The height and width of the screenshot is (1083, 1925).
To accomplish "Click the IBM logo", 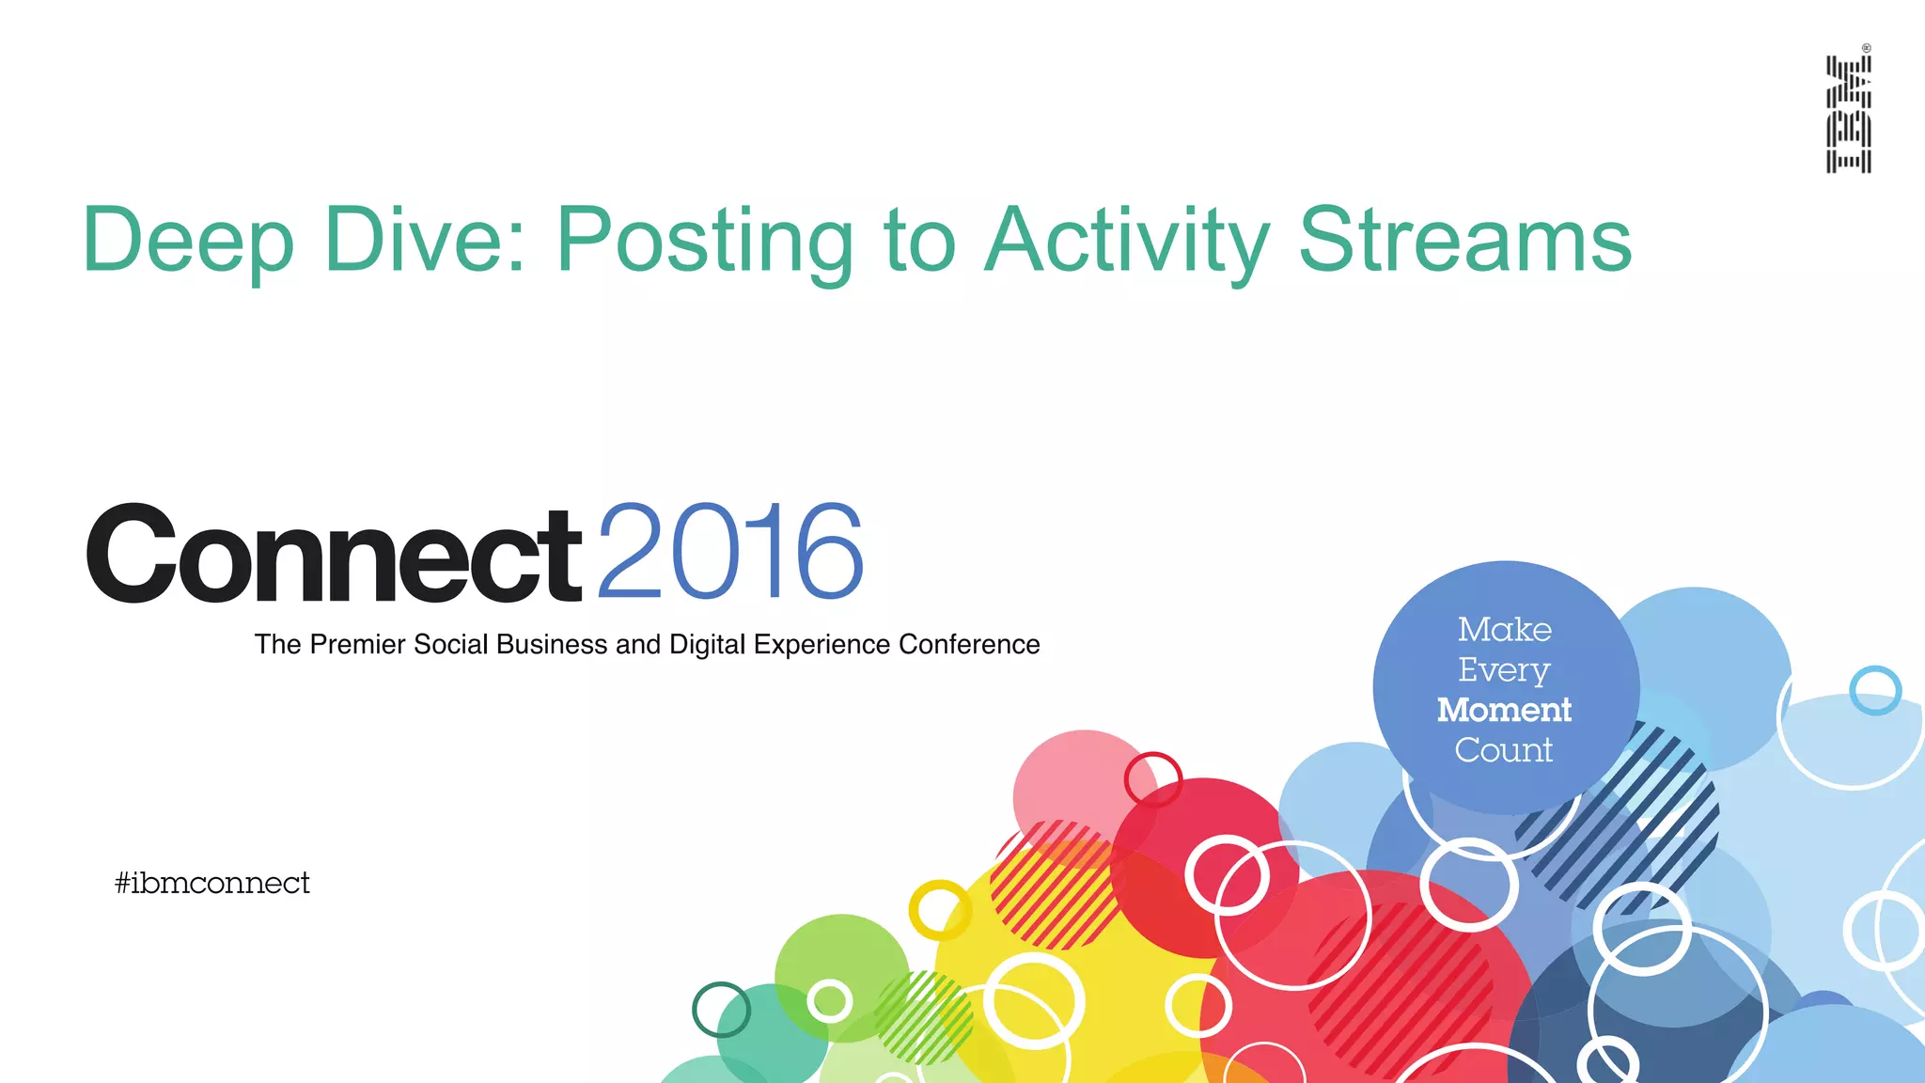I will (x=1848, y=114).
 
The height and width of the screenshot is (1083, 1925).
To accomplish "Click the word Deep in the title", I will (x=188, y=241).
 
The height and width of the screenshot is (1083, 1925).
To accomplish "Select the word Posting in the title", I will (x=704, y=241).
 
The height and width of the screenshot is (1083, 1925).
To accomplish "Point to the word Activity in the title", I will (x=1128, y=241).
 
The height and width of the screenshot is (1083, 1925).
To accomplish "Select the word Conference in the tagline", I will (x=969, y=645).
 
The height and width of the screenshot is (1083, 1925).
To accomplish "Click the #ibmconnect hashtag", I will (x=212, y=883).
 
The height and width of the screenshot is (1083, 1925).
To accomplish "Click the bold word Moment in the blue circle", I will (x=1504, y=710).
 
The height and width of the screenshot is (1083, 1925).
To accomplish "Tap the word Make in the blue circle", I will (x=1505, y=629).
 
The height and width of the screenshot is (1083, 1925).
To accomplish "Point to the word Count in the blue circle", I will (x=1504, y=750).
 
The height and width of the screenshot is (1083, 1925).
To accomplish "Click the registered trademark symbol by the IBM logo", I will (x=1866, y=48).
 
